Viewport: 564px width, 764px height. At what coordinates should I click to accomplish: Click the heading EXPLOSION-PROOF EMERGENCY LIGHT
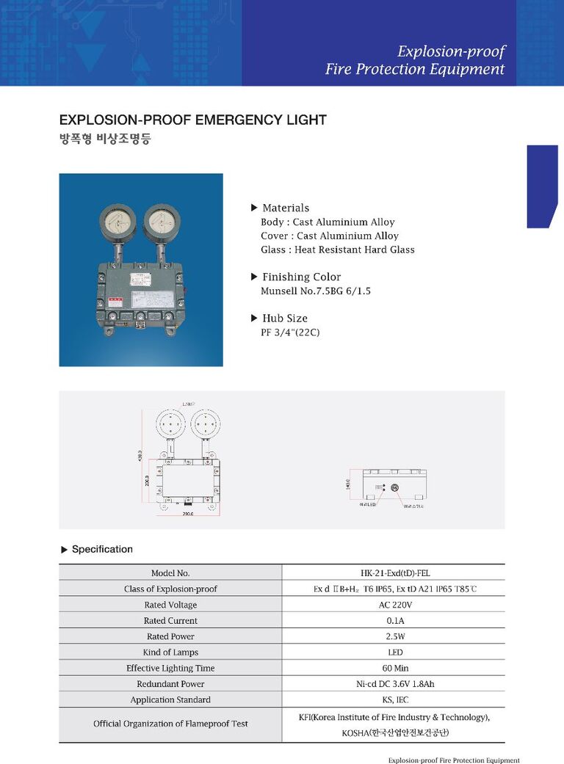pos(192,120)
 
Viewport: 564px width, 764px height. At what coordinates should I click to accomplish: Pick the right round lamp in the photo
pos(162,219)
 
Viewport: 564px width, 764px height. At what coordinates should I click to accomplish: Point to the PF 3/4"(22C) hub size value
pos(290,332)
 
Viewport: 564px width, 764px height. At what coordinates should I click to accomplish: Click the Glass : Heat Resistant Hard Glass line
pos(337,250)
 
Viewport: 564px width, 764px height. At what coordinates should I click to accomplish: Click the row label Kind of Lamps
pos(170,652)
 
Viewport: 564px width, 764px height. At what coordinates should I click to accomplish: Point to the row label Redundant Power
pos(170,684)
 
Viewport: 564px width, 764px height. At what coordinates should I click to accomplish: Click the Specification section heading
pos(102,549)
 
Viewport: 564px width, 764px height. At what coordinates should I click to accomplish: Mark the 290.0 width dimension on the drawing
pos(188,514)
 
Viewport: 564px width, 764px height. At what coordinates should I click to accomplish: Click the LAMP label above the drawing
pos(187,404)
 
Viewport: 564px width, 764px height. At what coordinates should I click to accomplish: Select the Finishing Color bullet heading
pos(301,277)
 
